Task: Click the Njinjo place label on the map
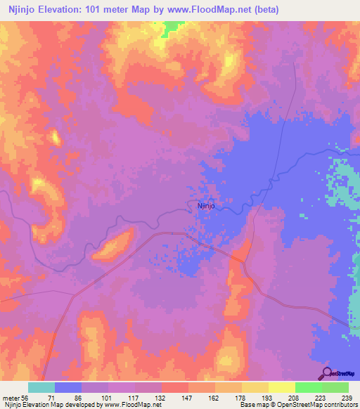click(x=205, y=206)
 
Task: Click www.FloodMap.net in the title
click(x=199, y=10)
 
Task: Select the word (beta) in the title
click(x=259, y=10)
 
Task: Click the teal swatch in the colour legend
click(x=41, y=387)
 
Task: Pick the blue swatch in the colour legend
click(x=68, y=387)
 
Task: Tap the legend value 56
click(x=25, y=397)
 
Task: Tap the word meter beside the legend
click(x=11, y=397)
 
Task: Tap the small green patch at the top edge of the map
click(x=171, y=28)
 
